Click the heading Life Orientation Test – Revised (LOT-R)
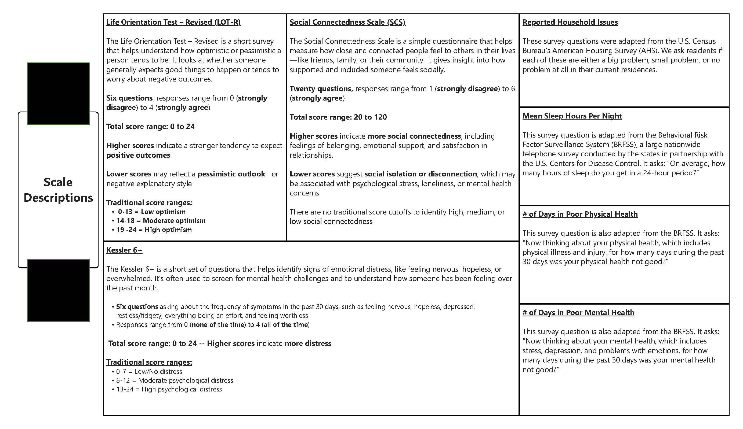[173, 22]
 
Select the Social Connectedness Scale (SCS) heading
[347, 22]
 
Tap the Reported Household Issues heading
[570, 22]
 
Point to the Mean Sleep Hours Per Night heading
[572, 116]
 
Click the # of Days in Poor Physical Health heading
[580, 214]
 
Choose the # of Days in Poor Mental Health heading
[578, 312]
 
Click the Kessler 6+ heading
[124, 250]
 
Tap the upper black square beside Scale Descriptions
[58, 94]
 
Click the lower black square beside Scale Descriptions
[58, 290]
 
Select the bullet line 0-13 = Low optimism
[151, 212]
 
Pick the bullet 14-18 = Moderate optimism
[161, 221]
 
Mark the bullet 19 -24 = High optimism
[154, 230]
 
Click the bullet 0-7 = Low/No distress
[149, 372]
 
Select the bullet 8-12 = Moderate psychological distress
[175, 380]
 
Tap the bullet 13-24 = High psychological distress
[169, 389]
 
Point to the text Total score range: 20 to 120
[338, 117]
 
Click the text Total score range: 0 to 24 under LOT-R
[150, 127]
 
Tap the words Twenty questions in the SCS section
[321, 89]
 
